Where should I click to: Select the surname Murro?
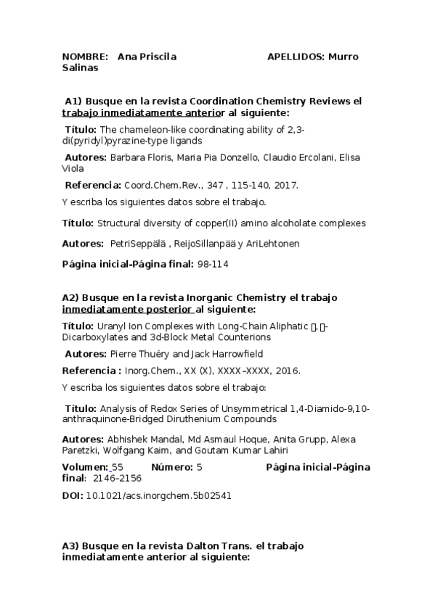pyautogui.click(x=344, y=57)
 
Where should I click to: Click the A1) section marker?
pyautogui.click(x=73, y=102)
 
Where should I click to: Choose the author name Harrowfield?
pyautogui.click(x=232, y=354)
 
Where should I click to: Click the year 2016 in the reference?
pyautogui.click(x=289, y=371)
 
